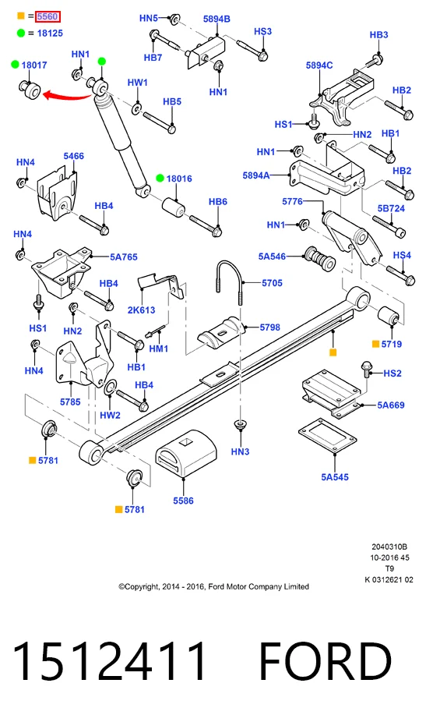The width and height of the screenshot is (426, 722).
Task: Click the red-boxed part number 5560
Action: point(48,16)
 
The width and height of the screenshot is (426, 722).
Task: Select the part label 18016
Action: point(179,179)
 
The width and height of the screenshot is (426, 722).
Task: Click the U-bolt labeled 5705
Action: point(228,282)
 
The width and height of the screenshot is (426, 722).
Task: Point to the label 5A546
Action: point(272,257)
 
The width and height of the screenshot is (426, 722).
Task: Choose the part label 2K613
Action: point(141,310)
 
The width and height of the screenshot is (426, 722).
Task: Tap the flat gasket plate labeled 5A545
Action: point(327,436)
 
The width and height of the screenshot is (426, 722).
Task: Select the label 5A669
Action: point(391,405)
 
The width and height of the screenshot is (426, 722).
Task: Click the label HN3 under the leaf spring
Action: point(240,451)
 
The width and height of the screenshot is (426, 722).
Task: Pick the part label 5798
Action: point(270,327)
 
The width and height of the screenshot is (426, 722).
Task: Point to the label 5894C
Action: point(319,65)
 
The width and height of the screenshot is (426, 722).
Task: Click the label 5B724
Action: point(391,209)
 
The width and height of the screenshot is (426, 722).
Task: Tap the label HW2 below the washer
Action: point(110,416)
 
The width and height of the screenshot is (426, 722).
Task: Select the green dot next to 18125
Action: point(21,34)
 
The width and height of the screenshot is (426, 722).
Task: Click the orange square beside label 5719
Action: point(376,344)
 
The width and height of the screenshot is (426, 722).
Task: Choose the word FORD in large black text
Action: point(326,661)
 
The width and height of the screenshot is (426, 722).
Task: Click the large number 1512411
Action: point(109,661)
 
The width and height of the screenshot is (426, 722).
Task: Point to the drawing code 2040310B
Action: point(389,547)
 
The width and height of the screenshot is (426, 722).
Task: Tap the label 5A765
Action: point(124,257)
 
